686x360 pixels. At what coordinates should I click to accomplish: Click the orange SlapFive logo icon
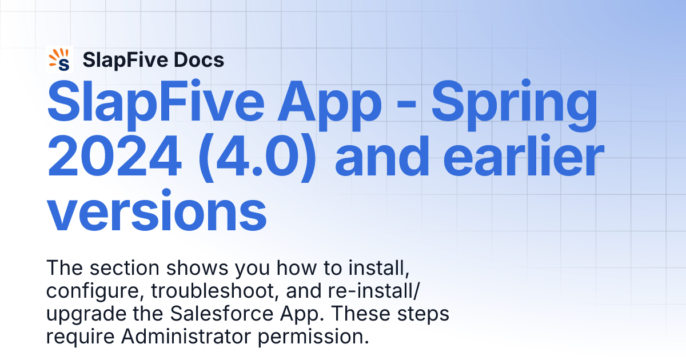59,60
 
